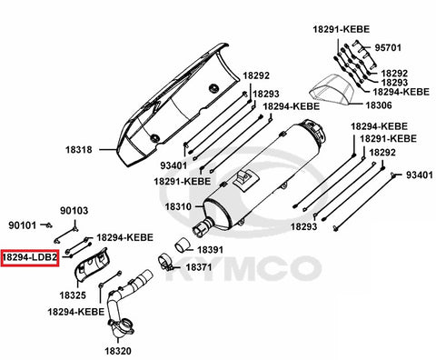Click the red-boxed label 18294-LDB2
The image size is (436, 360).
[29, 258]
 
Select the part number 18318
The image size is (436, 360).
[79, 150]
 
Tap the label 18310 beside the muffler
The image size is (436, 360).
[178, 206]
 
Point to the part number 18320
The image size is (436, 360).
[118, 351]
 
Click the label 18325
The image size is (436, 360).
[73, 295]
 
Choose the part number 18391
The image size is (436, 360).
[210, 250]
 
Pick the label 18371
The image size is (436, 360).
[199, 267]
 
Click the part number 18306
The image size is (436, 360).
[379, 105]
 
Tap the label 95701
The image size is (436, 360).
[388, 47]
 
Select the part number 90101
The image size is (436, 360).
[22, 225]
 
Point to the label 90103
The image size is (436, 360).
[74, 210]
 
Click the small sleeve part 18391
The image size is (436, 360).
[182, 245]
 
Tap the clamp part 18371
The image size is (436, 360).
[165, 263]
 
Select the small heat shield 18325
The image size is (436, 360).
[93, 265]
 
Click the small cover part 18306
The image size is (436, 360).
[332, 89]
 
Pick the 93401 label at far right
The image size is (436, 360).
[419, 175]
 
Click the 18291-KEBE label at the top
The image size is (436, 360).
[342, 29]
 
